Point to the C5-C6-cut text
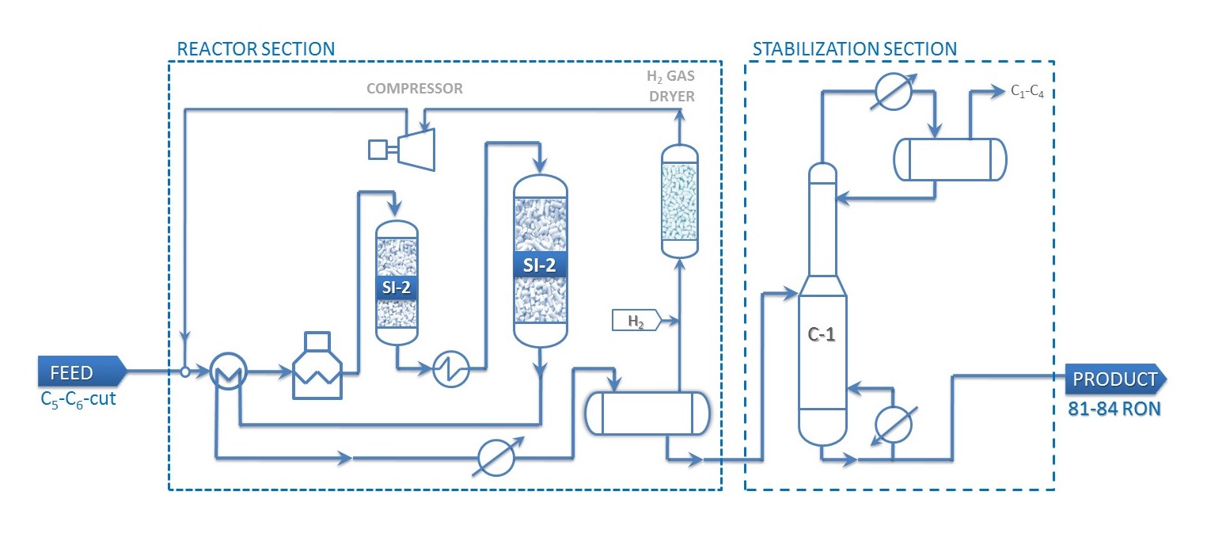click(78, 398)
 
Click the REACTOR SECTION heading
click(256, 49)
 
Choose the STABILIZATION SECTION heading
click(854, 49)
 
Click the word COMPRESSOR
click(415, 89)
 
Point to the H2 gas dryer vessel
click(680, 201)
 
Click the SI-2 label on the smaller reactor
click(396, 287)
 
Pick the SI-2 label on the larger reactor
click(540, 265)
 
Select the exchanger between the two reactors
click(450, 368)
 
